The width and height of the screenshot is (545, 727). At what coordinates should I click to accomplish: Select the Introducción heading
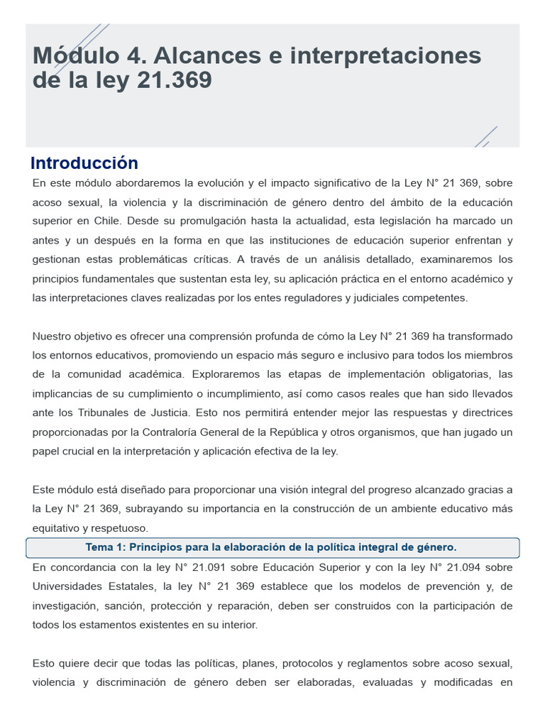84,163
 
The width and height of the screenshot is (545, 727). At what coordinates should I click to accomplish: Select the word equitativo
57,528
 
